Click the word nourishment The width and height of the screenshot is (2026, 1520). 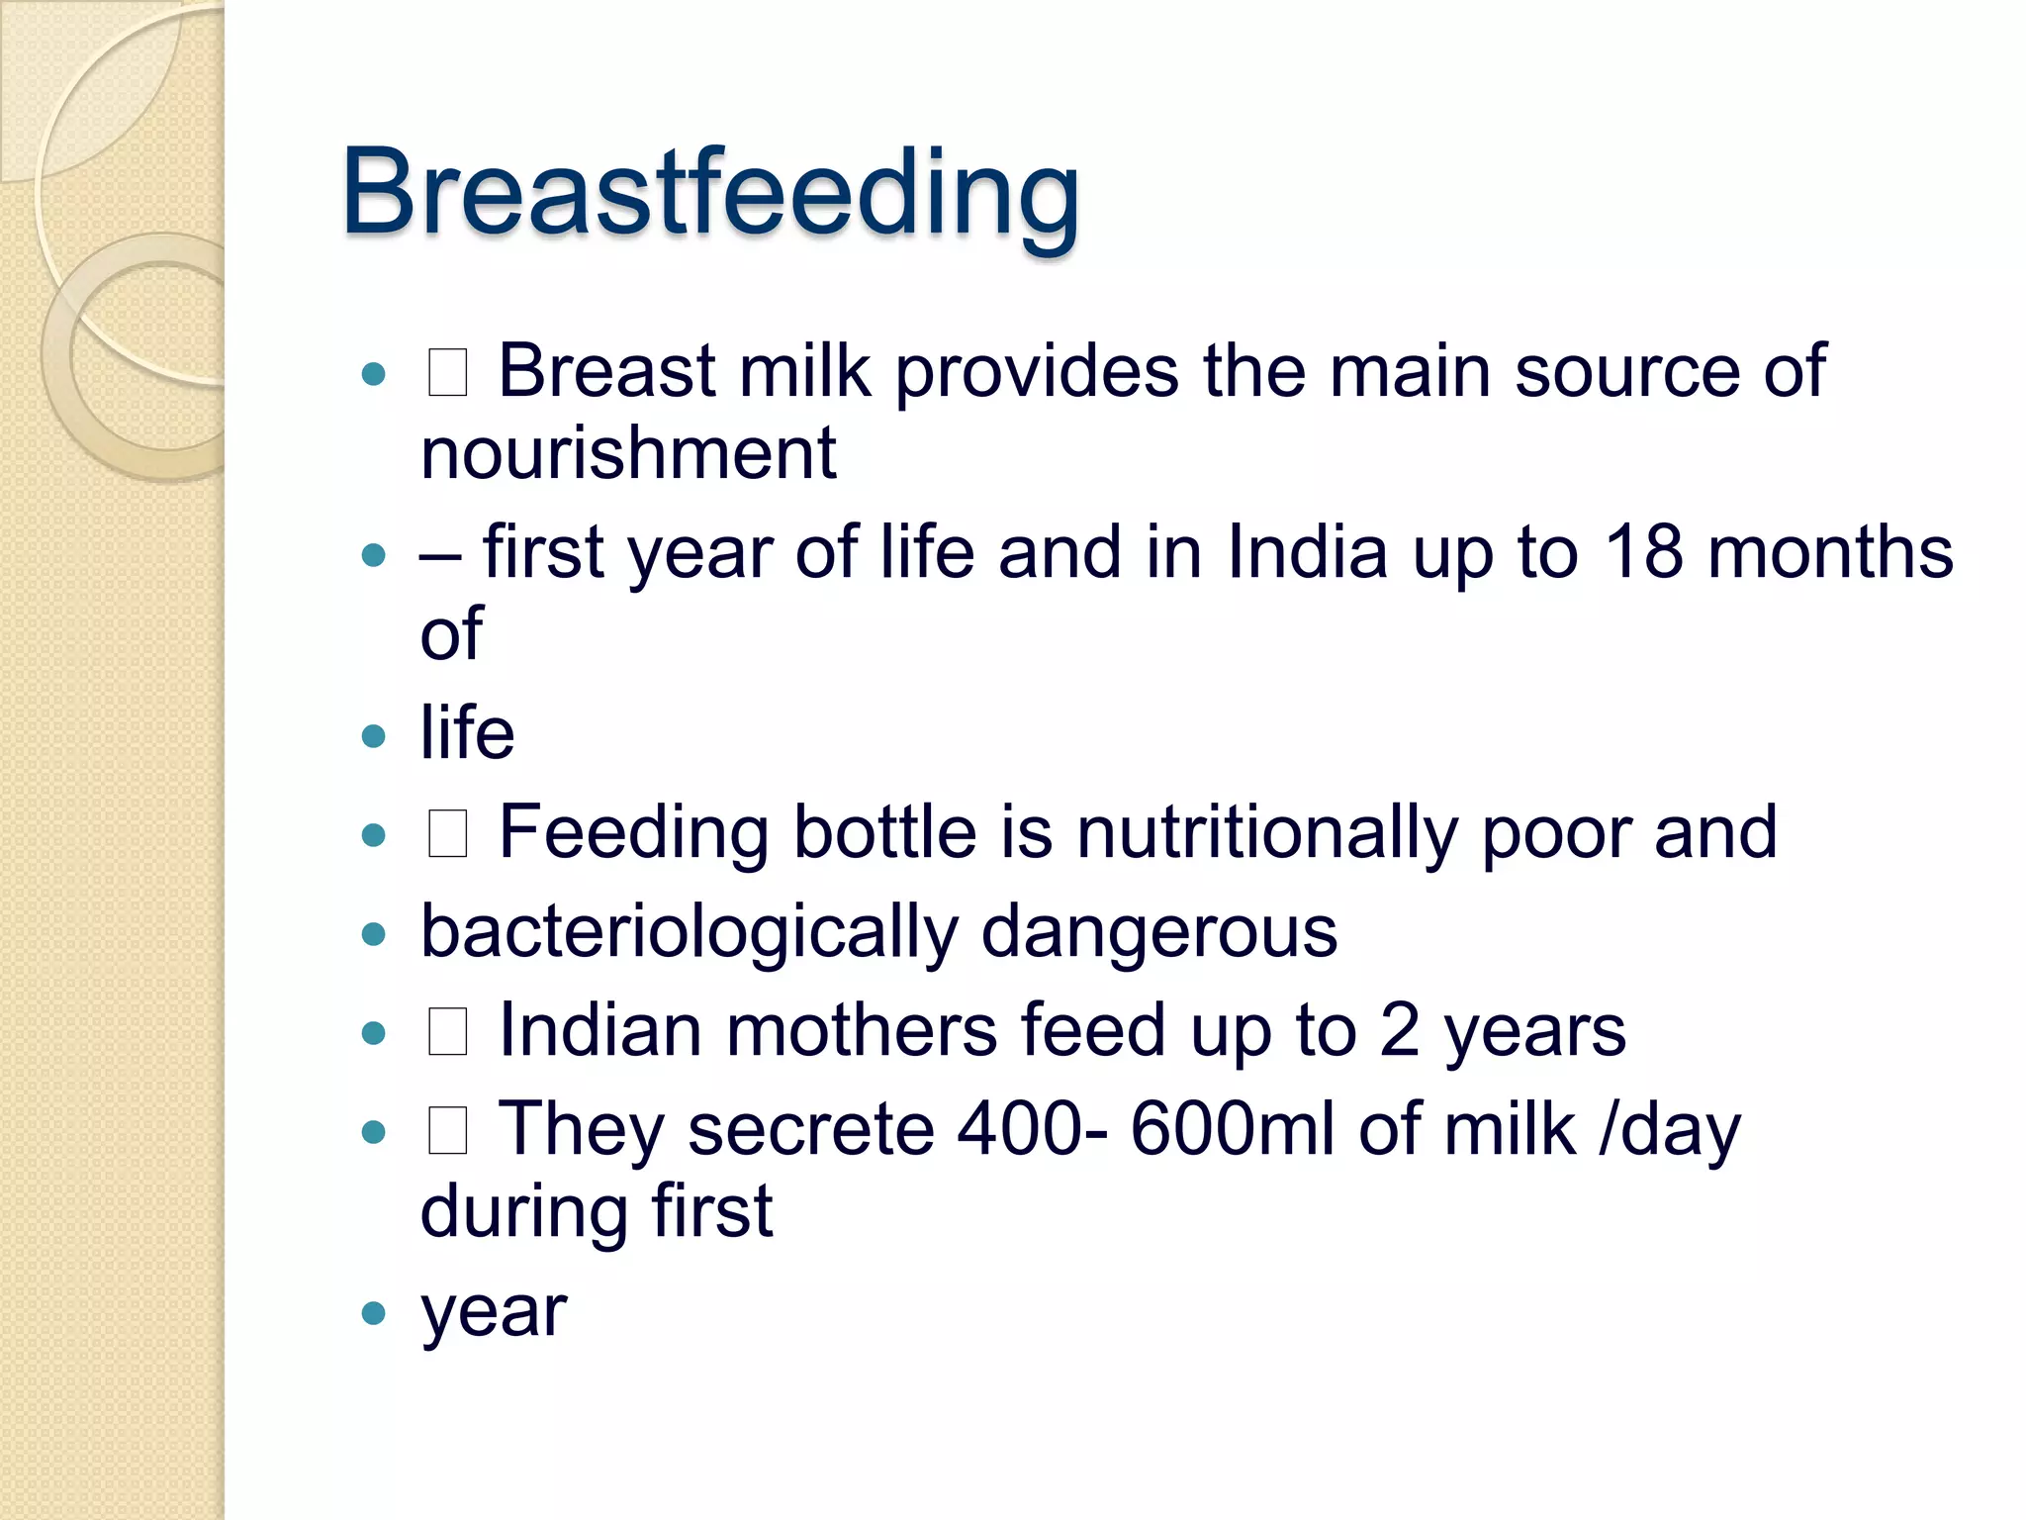pyautogui.click(x=628, y=454)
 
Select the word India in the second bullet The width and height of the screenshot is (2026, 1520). pyautogui.click(x=1307, y=552)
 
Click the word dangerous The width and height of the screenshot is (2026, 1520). pyautogui.click(x=1158, y=932)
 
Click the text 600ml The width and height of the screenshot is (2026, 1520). pyautogui.click(x=1233, y=1130)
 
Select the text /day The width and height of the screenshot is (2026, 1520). pyautogui.click(x=1670, y=1130)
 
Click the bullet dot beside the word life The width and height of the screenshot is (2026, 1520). pyautogui.click(x=373, y=735)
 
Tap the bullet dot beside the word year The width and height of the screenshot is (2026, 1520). pyautogui.click(x=373, y=1313)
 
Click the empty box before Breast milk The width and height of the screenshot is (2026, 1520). pyautogui.click(x=447, y=374)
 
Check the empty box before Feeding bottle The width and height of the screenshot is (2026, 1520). pyautogui.click(x=447, y=833)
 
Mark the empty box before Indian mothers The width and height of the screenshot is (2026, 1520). pyautogui.click(x=447, y=1032)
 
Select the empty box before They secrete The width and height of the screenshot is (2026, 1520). pyautogui.click(x=447, y=1131)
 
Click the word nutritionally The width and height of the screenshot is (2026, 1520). pyautogui.click(x=1266, y=832)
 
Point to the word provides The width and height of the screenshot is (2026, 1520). pyautogui.click(x=1037, y=372)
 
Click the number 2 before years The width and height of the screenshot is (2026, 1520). pyautogui.click(x=1399, y=1031)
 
